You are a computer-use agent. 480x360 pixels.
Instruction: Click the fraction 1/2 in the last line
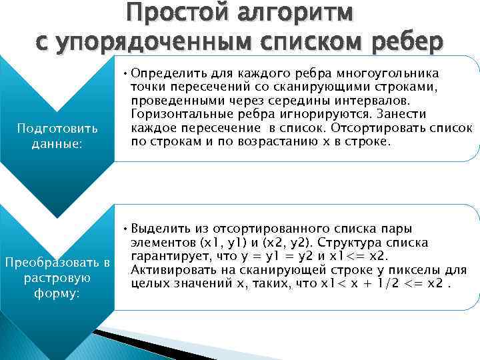[x=387, y=284]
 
